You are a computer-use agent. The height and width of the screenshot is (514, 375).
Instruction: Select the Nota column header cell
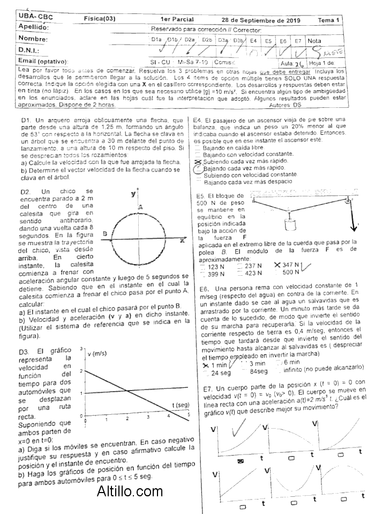314,40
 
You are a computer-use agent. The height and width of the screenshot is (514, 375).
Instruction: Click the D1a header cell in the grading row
156,40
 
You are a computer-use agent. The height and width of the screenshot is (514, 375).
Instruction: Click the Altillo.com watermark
130,490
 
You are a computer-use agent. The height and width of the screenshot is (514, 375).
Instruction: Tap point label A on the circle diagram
140,207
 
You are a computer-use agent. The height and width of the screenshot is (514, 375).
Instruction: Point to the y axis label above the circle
133,194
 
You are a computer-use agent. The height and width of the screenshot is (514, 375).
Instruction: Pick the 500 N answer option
290,273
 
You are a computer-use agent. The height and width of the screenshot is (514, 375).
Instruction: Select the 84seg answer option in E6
258,371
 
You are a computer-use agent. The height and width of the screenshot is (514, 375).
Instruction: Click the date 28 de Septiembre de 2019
261,20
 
